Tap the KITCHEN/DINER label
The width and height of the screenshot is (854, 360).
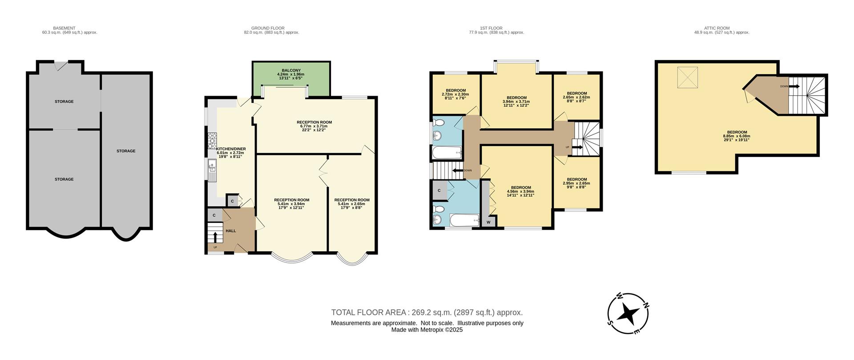pyautogui.click(x=231, y=151)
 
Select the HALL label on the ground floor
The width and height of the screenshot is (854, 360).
pyautogui.click(x=231, y=231)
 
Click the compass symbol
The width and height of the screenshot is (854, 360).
pyautogui.click(x=628, y=313)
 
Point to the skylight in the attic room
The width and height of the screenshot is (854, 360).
pyautogui.click(x=688, y=77)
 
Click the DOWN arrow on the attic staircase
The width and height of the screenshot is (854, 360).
pyautogui.click(x=794, y=86)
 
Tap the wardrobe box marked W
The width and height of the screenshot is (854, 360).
pyautogui.click(x=488, y=222)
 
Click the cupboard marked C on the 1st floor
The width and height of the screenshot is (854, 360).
pyautogui.click(x=439, y=190)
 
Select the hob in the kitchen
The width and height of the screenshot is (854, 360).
pyautogui.click(x=212, y=141)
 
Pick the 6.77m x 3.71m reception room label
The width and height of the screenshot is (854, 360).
pyautogui.click(x=314, y=126)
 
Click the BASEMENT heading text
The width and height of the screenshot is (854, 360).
pyautogui.click(x=64, y=28)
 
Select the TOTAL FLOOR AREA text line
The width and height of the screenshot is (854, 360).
pyautogui.click(x=427, y=312)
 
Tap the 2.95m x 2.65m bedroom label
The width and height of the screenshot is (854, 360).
pyautogui.click(x=576, y=183)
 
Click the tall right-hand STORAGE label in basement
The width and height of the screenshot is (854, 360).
pyautogui.click(x=126, y=151)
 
